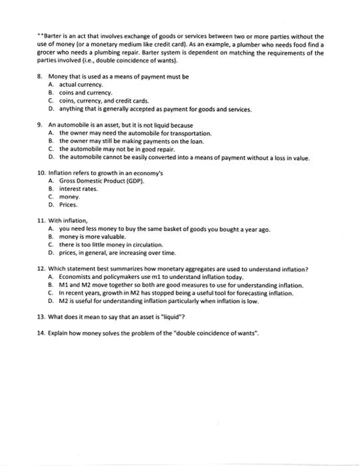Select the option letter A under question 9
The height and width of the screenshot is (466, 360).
(x=51, y=132)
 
